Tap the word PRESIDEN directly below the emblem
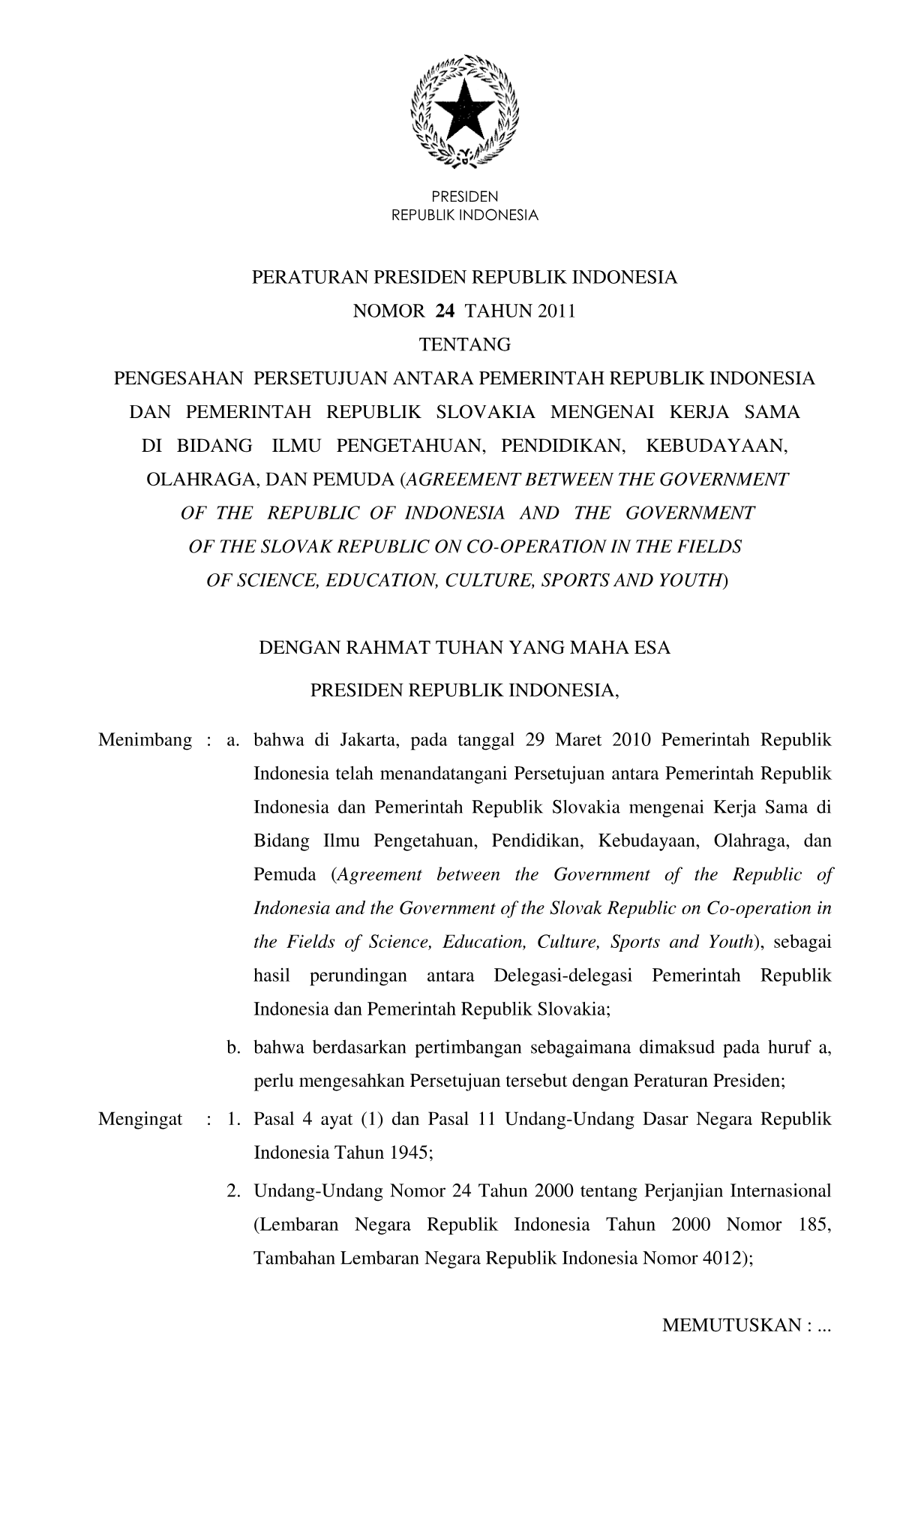(x=465, y=197)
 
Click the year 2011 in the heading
(x=556, y=311)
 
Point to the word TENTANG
(x=464, y=345)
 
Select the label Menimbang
(x=145, y=741)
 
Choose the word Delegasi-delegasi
(x=564, y=976)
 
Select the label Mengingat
(x=140, y=1119)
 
